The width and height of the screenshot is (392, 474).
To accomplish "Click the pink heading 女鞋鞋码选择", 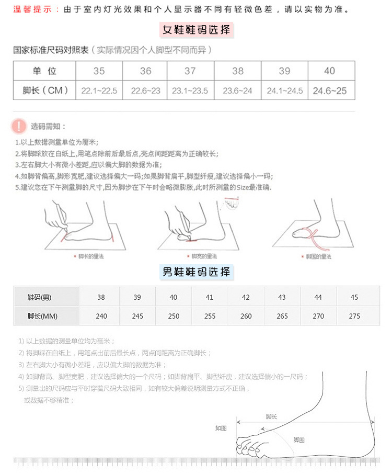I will (x=196, y=30).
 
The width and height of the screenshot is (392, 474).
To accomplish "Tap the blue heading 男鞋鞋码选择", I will (x=196, y=272).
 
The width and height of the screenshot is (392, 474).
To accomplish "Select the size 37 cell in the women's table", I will (x=190, y=71).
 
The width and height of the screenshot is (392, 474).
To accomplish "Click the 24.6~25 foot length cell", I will (x=330, y=91).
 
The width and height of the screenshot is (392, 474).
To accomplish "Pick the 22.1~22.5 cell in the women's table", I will (x=99, y=91).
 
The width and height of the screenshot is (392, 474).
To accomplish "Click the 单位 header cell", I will (x=45, y=71).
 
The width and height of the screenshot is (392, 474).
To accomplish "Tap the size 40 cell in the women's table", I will (x=330, y=71).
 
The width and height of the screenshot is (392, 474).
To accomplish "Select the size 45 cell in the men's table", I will (x=354, y=297).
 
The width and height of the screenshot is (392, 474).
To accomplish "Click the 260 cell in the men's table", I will (x=246, y=316).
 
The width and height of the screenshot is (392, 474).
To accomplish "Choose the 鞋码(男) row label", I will (x=40, y=297).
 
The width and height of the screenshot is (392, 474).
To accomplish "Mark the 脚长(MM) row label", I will (x=42, y=316).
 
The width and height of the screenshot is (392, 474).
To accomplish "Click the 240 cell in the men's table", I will (x=101, y=316).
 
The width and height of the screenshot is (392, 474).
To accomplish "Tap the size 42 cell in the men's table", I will (x=246, y=297).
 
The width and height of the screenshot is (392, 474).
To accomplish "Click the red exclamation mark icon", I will (x=19, y=126).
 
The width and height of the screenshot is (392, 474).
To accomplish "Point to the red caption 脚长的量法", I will (x=90, y=256).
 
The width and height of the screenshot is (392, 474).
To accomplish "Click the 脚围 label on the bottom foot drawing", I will (x=298, y=439).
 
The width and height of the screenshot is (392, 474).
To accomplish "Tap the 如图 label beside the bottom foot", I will (x=221, y=427).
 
